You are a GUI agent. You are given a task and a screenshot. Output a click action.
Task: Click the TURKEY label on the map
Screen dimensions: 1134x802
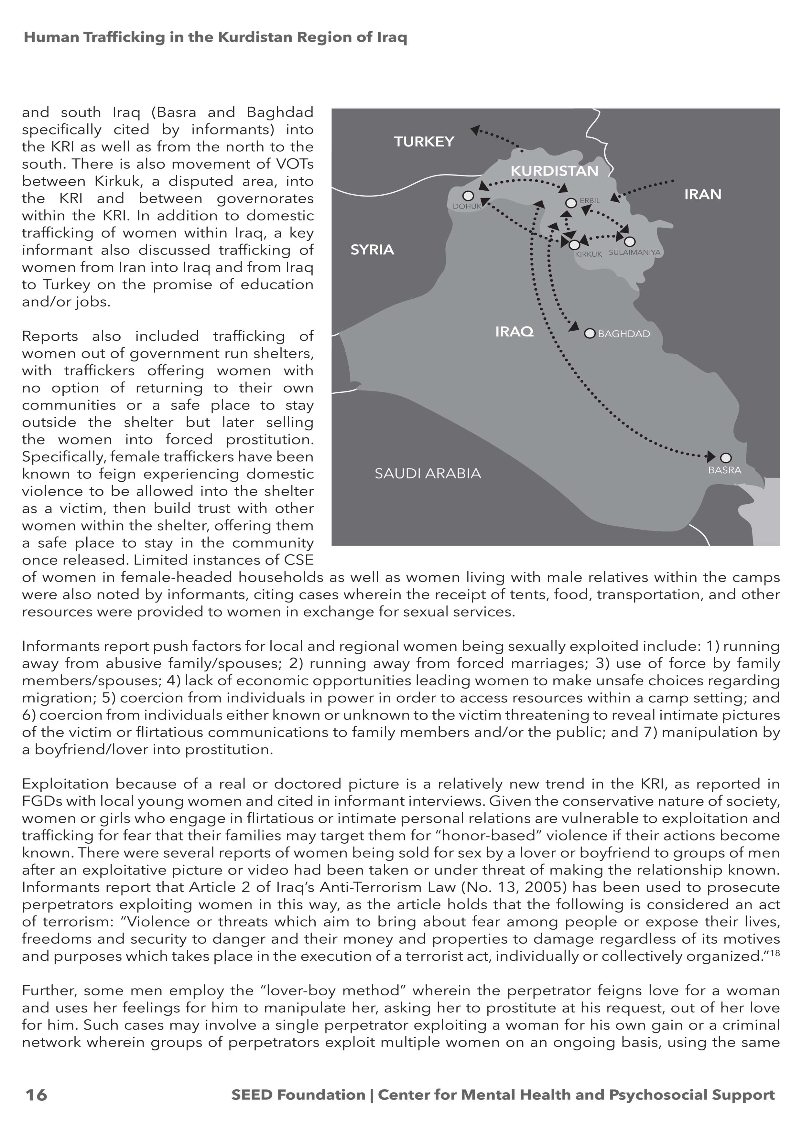click(424, 142)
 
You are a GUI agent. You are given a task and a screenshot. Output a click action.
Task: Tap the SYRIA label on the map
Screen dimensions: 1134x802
click(372, 250)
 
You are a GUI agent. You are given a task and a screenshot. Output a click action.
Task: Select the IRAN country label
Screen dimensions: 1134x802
click(703, 195)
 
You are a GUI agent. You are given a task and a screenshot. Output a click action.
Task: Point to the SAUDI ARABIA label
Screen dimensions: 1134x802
click(428, 474)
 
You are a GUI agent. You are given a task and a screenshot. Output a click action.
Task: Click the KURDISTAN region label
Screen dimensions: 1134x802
click(554, 171)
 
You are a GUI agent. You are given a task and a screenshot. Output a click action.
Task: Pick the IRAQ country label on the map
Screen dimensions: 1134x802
click(515, 331)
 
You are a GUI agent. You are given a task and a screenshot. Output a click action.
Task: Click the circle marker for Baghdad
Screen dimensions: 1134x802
click(590, 333)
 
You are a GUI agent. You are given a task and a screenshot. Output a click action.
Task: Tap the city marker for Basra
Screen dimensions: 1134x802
click(725, 458)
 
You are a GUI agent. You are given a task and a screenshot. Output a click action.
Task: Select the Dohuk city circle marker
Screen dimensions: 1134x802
click(468, 196)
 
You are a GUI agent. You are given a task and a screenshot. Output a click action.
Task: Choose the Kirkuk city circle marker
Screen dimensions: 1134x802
click(574, 244)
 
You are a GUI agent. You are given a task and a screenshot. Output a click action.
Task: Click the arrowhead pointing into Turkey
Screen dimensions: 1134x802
click(475, 130)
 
